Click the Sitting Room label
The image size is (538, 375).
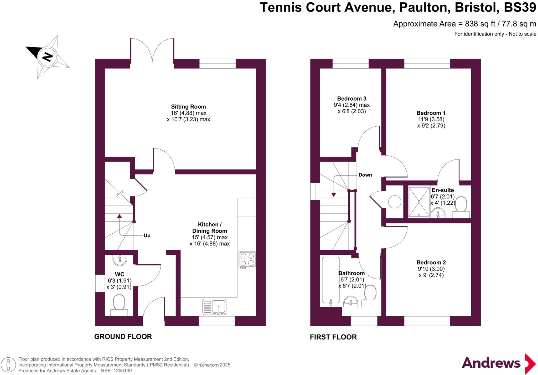(x=188, y=107)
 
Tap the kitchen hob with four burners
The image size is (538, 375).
(x=247, y=260)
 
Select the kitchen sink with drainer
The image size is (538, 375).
(x=214, y=307)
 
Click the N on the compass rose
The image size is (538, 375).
(x=48, y=57)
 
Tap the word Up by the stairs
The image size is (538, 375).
(x=147, y=235)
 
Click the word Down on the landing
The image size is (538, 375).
(x=365, y=175)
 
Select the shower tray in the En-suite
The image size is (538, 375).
(x=419, y=202)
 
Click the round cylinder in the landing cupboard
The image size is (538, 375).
(x=395, y=202)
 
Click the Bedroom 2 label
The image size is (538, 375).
(x=431, y=262)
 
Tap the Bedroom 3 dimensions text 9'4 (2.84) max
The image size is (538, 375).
(x=351, y=105)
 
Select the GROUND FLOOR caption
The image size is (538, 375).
(x=123, y=337)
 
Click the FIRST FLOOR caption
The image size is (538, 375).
(x=333, y=337)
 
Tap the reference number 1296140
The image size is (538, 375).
(x=122, y=371)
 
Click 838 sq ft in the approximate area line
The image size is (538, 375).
(x=480, y=24)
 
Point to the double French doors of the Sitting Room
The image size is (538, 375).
(x=152, y=51)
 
